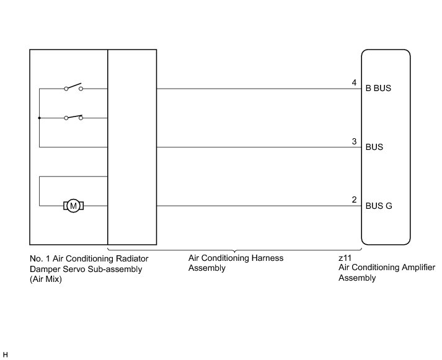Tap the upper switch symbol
click(73, 87)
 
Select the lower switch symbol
click(73, 116)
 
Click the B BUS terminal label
click(378, 89)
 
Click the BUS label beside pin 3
click(374, 147)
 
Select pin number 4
click(354, 82)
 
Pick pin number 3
click(354, 141)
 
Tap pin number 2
click(354, 200)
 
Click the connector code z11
click(344, 257)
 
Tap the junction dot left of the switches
click(39, 117)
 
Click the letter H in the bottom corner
click(6, 354)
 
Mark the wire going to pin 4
click(254, 89)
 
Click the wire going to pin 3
click(254, 147)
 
